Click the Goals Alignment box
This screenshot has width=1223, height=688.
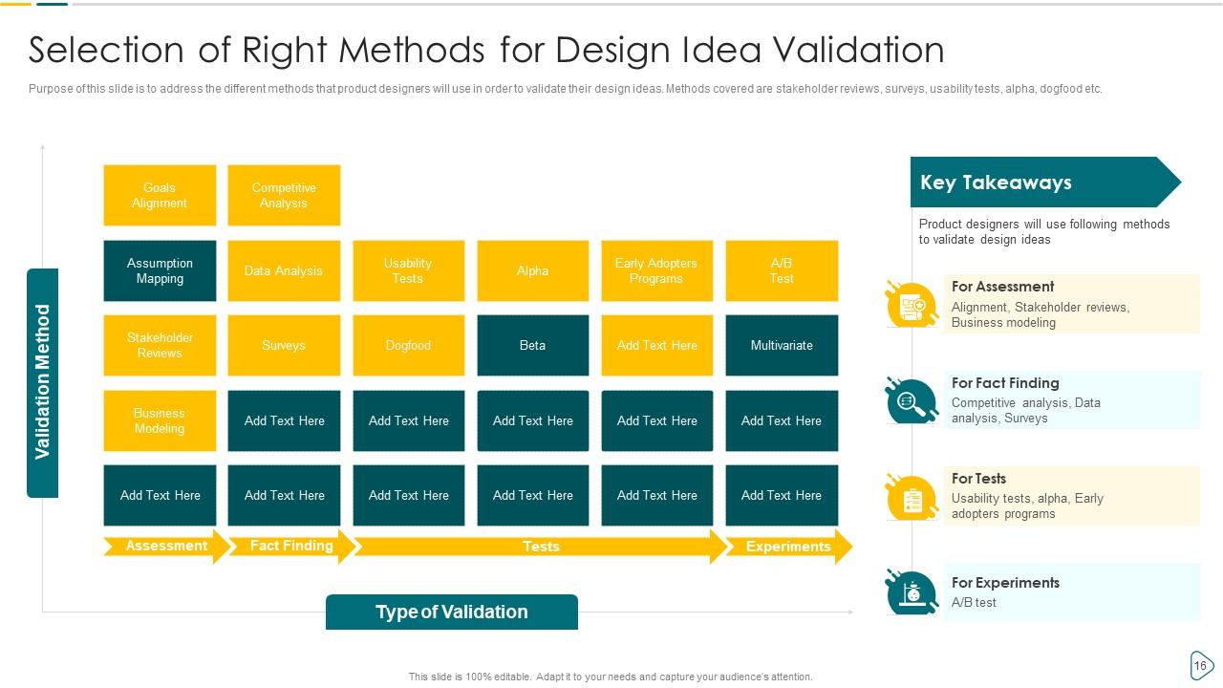point(160,195)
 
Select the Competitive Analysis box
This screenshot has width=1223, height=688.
point(284,195)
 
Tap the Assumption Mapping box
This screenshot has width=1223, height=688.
point(160,270)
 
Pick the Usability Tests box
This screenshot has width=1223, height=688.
point(408,270)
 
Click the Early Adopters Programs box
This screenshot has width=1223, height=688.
point(656,270)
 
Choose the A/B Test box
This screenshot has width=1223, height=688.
point(782,270)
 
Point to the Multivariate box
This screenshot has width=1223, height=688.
point(782,345)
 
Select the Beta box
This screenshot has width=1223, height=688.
point(533,345)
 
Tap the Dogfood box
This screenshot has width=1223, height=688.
point(408,345)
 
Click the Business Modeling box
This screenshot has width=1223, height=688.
point(160,420)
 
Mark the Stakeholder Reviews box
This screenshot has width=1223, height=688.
point(160,345)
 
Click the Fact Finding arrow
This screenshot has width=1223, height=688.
point(292,546)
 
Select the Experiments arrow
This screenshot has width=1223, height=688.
point(789,546)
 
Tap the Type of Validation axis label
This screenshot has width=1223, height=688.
point(452,613)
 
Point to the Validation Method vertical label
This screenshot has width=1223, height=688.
point(43,383)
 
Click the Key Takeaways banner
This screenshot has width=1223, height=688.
point(1045,182)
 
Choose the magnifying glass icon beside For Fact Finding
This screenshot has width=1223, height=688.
point(912,401)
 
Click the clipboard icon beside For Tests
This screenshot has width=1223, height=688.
point(912,498)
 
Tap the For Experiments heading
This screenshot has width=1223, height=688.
point(1005,583)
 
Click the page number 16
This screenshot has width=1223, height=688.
point(1200,666)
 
